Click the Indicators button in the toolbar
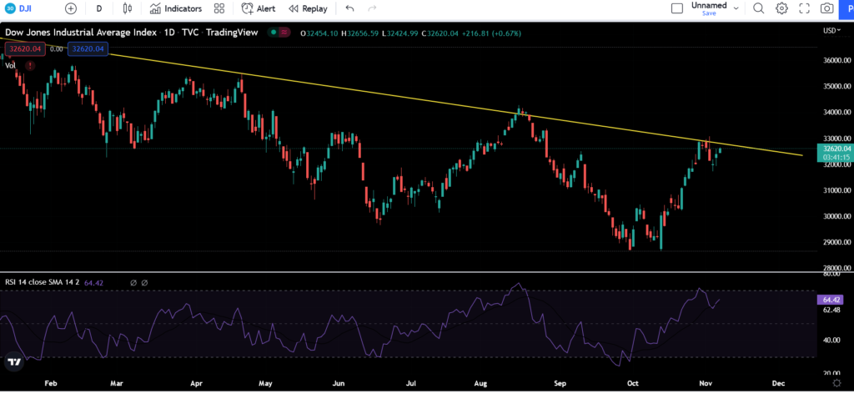pos(176,8)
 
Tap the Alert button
pos(259,8)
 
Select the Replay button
pos(308,8)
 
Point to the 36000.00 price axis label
pos(836,60)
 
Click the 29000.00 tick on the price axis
pos(836,242)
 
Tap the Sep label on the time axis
pos(560,383)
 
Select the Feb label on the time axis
pos(50,383)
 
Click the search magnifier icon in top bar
pos(758,8)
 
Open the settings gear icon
pos(781,8)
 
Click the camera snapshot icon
pos(826,8)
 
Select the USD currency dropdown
pos(831,31)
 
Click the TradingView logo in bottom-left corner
pos(14,362)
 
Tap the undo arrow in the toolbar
pos(349,8)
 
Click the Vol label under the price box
pos(11,64)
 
